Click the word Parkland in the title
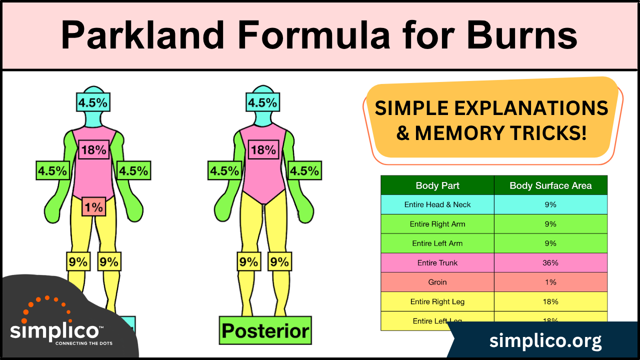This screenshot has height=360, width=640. pos(142,35)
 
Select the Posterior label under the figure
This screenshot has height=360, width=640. pos(265,330)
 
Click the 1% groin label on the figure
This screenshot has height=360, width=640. pos(93,206)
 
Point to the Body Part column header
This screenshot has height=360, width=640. pos(437,185)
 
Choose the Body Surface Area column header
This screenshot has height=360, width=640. pos(550,185)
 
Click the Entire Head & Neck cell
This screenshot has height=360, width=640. pos(437,204)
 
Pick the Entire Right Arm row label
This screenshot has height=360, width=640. pos(437,224)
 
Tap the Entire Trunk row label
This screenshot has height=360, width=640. pos(437,263)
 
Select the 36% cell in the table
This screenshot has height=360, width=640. pos(550,263)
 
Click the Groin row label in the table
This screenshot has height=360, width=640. pos(437,282)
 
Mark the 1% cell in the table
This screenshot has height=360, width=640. pos(550,282)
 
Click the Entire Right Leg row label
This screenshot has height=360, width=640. pos(437,301)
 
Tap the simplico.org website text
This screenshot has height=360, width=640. pos(545,341)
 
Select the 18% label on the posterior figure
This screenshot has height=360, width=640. pos(263,149)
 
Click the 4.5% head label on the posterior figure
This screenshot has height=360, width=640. pos(262,103)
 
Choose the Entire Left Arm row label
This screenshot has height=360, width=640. pos(437,243)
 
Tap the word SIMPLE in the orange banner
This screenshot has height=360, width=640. pos(410,108)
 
